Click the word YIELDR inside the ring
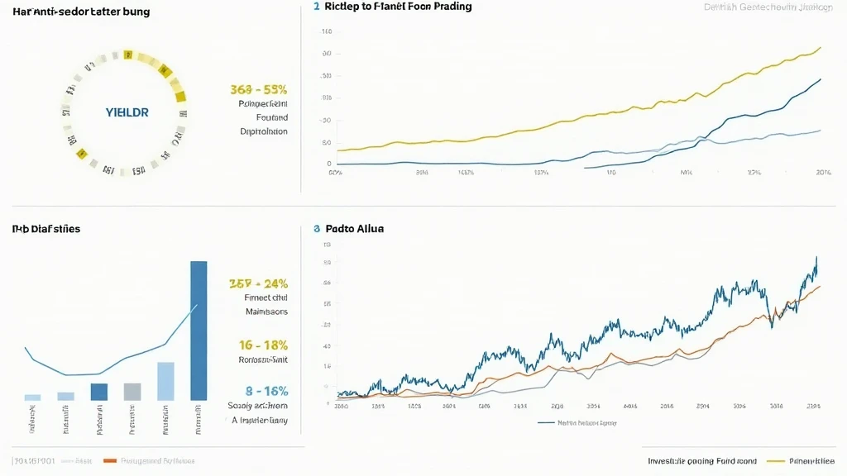click(127, 112)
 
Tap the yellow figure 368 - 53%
click(258, 89)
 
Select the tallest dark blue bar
click(199, 331)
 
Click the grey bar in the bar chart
click(132, 392)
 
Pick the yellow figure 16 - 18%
click(263, 345)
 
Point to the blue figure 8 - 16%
click(266, 390)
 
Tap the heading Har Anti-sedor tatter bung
click(64, 12)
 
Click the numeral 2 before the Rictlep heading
click(316, 7)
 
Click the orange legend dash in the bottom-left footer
click(108, 459)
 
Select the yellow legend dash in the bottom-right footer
click(775, 460)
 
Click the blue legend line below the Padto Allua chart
click(546, 422)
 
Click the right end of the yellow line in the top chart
click(820, 47)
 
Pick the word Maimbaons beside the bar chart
click(266, 312)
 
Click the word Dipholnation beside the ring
click(264, 131)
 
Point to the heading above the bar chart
click(45, 228)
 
